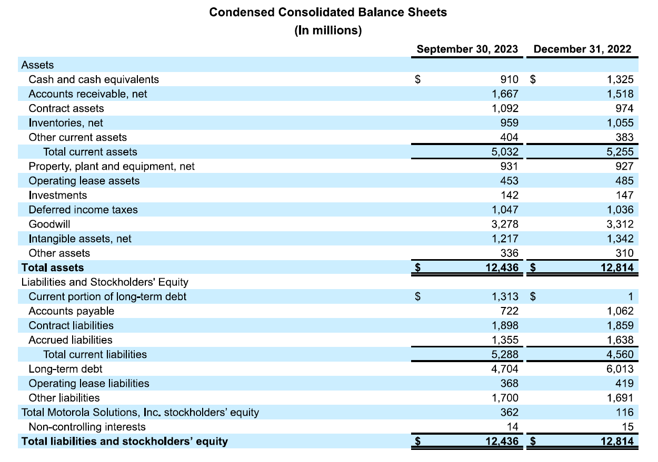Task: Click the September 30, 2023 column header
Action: pyautogui.click(x=467, y=49)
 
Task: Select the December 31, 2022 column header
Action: pyautogui.click(x=582, y=49)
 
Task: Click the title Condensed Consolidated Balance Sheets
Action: pyautogui.click(x=328, y=12)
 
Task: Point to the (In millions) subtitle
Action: pyautogui.click(x=328, y=30)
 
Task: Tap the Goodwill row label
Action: pyautogui.click(x=49, y=224)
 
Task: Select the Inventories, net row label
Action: pyautogui.click(x=66, y=123)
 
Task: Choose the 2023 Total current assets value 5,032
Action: pyautogui.click(x=504, y=152)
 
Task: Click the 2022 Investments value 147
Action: pyautogui.click(x=624, y=195)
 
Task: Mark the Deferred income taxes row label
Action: pyautogui.click(x=83, y=210)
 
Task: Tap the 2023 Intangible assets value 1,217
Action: pyautogui.click(x=504, y=239)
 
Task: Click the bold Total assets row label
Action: pyautogui.click(x=53, y=268)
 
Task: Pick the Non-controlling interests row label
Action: pyautogui.click(x=87, y=426)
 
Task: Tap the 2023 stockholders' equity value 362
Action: pyautogui.click(x=509, y=412)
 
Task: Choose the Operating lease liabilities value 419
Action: pyautogui.click(x=624, y=383)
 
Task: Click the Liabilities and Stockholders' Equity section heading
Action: pyautogui.click(x=105, y=282)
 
